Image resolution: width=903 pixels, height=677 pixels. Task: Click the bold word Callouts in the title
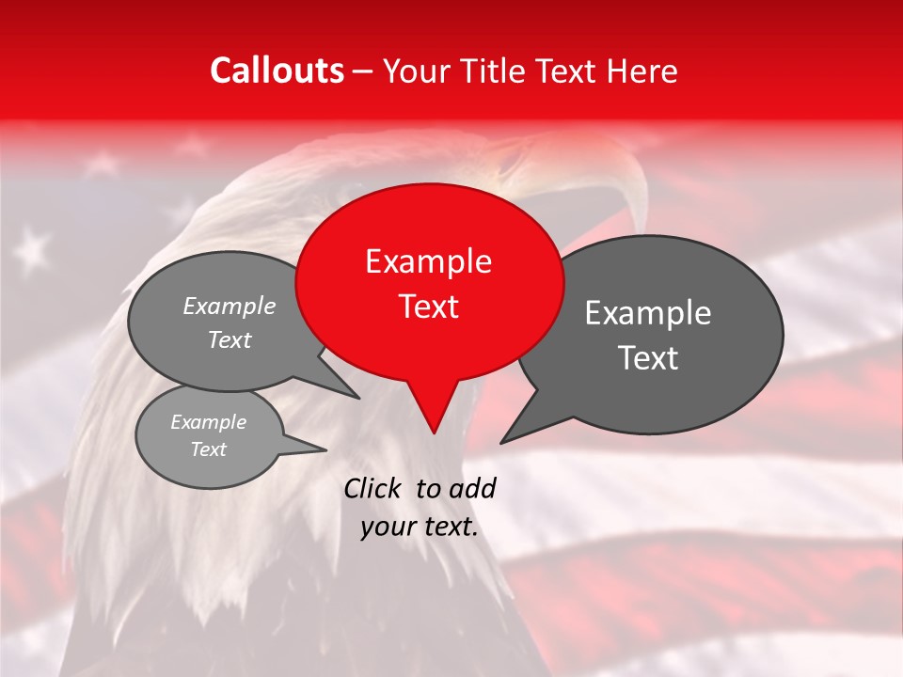pos(277,71)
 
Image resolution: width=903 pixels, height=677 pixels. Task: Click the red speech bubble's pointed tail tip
pos(434,433)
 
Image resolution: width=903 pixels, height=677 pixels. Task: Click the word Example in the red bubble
pos(428,261)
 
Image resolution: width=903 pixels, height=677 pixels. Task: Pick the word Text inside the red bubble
pos(428,307)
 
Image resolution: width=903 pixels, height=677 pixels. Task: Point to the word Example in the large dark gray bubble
pos(648,313)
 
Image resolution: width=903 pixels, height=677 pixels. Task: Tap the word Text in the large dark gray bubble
pos(648,358)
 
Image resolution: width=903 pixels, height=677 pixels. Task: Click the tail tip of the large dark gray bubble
pos(501,442)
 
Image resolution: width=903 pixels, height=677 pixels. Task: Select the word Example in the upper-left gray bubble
pos(229,307)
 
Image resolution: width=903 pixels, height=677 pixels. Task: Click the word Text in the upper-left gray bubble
pos(229,340)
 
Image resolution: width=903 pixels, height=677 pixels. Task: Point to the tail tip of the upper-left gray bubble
pos(359,398)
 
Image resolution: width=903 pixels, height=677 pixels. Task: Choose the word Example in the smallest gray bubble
pos(208,422)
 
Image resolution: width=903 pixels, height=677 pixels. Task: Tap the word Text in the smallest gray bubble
pos(208,449)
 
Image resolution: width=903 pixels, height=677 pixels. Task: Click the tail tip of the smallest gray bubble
pos(326,449)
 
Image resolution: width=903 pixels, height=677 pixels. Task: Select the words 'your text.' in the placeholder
pos(420,527)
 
